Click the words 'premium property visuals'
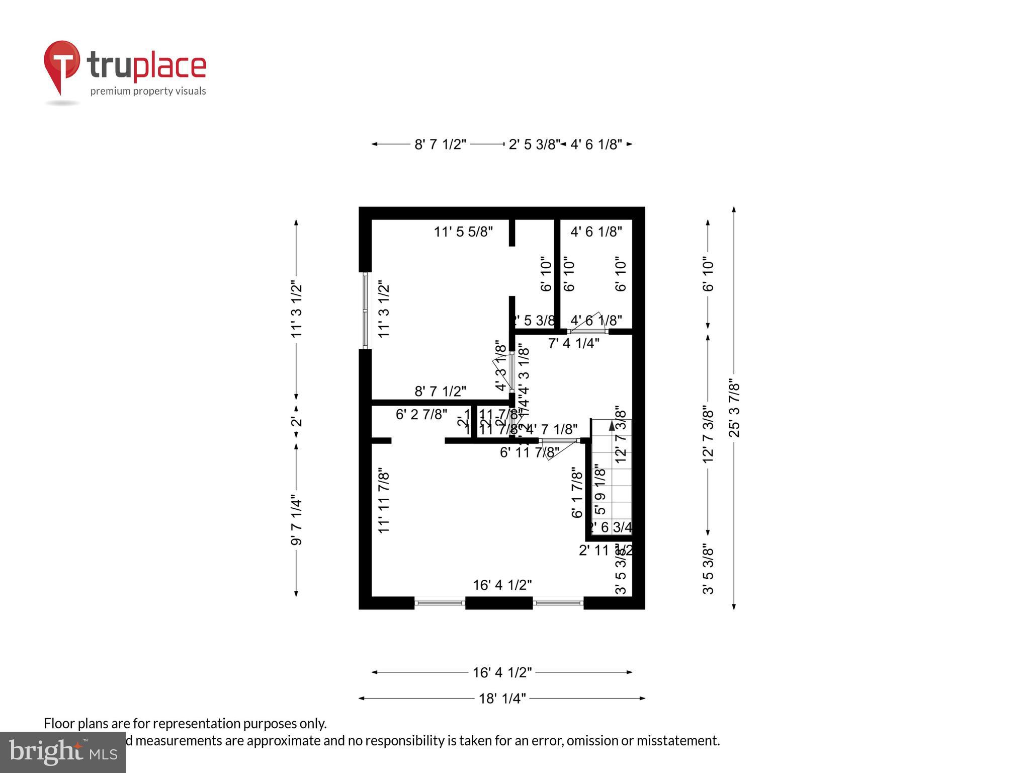(x=148, y=91)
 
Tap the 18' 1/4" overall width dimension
(x=501, y=699)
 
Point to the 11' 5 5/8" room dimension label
(x=463, y=231)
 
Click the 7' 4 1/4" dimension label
(x=573, y=344)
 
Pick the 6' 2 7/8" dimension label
(x=421, y=414)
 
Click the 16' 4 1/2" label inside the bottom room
(x=502, y=585)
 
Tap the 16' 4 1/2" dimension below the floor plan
(x=501, y=672)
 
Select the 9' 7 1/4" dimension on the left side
(x=296, y=521)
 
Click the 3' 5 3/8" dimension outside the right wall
(x=708, y=569)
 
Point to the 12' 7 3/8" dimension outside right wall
(x=708, y=435)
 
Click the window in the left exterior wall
(x=365, y=311)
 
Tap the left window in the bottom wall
(x=440, y=602)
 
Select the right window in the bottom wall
(x=558, y=602)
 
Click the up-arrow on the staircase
(x=612, y=426)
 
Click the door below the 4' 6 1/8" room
(x=587, y=331)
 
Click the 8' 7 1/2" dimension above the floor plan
(x=440, y=144)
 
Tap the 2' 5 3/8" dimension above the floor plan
(x=533, y=144)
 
